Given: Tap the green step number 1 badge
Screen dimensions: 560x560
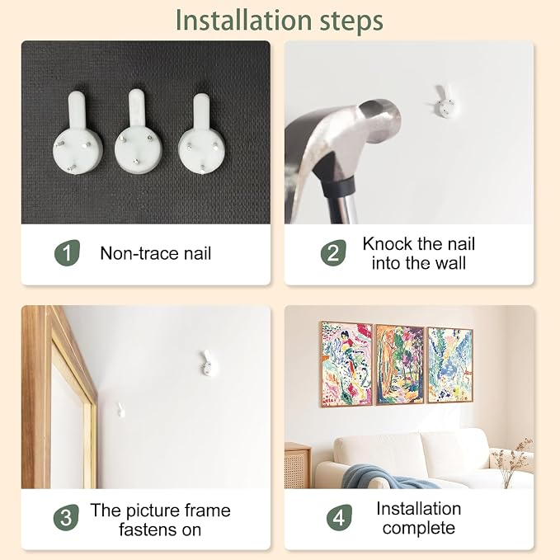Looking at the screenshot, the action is tap(67, 253).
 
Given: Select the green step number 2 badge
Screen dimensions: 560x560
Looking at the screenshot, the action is tap(333, 253).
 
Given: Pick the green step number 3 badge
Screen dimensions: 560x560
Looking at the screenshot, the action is tap(66, 517).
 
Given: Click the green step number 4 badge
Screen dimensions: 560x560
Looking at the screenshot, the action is tap(339, 517).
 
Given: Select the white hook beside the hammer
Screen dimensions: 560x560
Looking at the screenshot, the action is tap(445, 101).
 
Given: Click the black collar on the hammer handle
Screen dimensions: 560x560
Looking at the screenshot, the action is tap(339, 186).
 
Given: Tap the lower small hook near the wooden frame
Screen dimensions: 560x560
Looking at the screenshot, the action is tap(120, 410).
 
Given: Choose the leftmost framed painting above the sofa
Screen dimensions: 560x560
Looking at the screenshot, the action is tap(346, 364).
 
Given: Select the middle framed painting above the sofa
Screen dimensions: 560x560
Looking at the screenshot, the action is tap(400, 365).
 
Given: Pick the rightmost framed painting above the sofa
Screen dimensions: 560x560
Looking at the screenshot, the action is tap(450, 365).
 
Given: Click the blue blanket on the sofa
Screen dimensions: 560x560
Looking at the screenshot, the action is tap(386, 477).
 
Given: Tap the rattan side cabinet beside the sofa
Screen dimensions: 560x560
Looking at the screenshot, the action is tap(298, 465).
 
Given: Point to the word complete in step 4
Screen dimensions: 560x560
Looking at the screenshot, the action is tap(419, 528).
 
